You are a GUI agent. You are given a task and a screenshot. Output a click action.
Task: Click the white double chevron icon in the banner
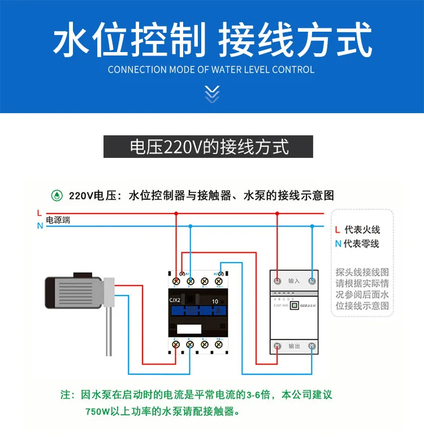(x=211, y=93)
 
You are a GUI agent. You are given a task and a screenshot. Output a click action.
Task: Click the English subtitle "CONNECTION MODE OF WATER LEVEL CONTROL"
(x=211, y=70)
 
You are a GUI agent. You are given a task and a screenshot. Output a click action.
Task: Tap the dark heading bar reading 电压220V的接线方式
(x=209, y=147)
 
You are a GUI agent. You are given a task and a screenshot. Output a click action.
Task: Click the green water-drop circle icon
(x=57, y=196)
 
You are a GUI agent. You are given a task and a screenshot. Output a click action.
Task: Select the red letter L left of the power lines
(x=39, y=213)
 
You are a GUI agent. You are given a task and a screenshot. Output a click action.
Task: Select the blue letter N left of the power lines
(x=39, y=225)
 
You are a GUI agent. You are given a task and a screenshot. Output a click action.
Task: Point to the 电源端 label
(x=58, y=220)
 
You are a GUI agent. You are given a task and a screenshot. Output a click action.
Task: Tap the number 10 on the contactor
(x=215, y=301)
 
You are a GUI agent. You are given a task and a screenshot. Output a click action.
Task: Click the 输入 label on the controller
(x=294, y=281)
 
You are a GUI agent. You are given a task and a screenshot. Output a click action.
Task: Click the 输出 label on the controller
(x=294, y=346)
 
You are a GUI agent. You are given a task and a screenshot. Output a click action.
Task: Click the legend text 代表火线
(x=362, y=230)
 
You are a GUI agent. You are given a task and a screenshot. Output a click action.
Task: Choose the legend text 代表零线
(x=362, y=244)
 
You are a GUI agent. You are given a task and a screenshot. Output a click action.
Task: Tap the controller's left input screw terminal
(x=277, y=281)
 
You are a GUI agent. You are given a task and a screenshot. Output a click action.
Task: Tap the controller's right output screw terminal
(x=311, y=346)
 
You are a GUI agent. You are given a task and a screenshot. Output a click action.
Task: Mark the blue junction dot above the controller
(x=311, y=225)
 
